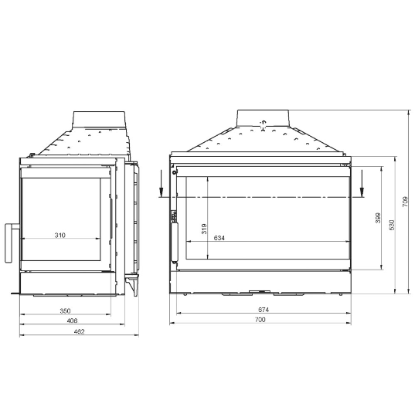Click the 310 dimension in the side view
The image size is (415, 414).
click(x=60, y=235)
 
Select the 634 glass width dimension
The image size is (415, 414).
click(x=219, y=237)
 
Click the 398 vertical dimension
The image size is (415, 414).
click(x=378, y=219)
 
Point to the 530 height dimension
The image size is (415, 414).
click(x=392, y=224)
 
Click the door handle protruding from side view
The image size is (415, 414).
click(x=11, y=243)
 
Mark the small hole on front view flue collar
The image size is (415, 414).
click(x=263, y=122)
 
